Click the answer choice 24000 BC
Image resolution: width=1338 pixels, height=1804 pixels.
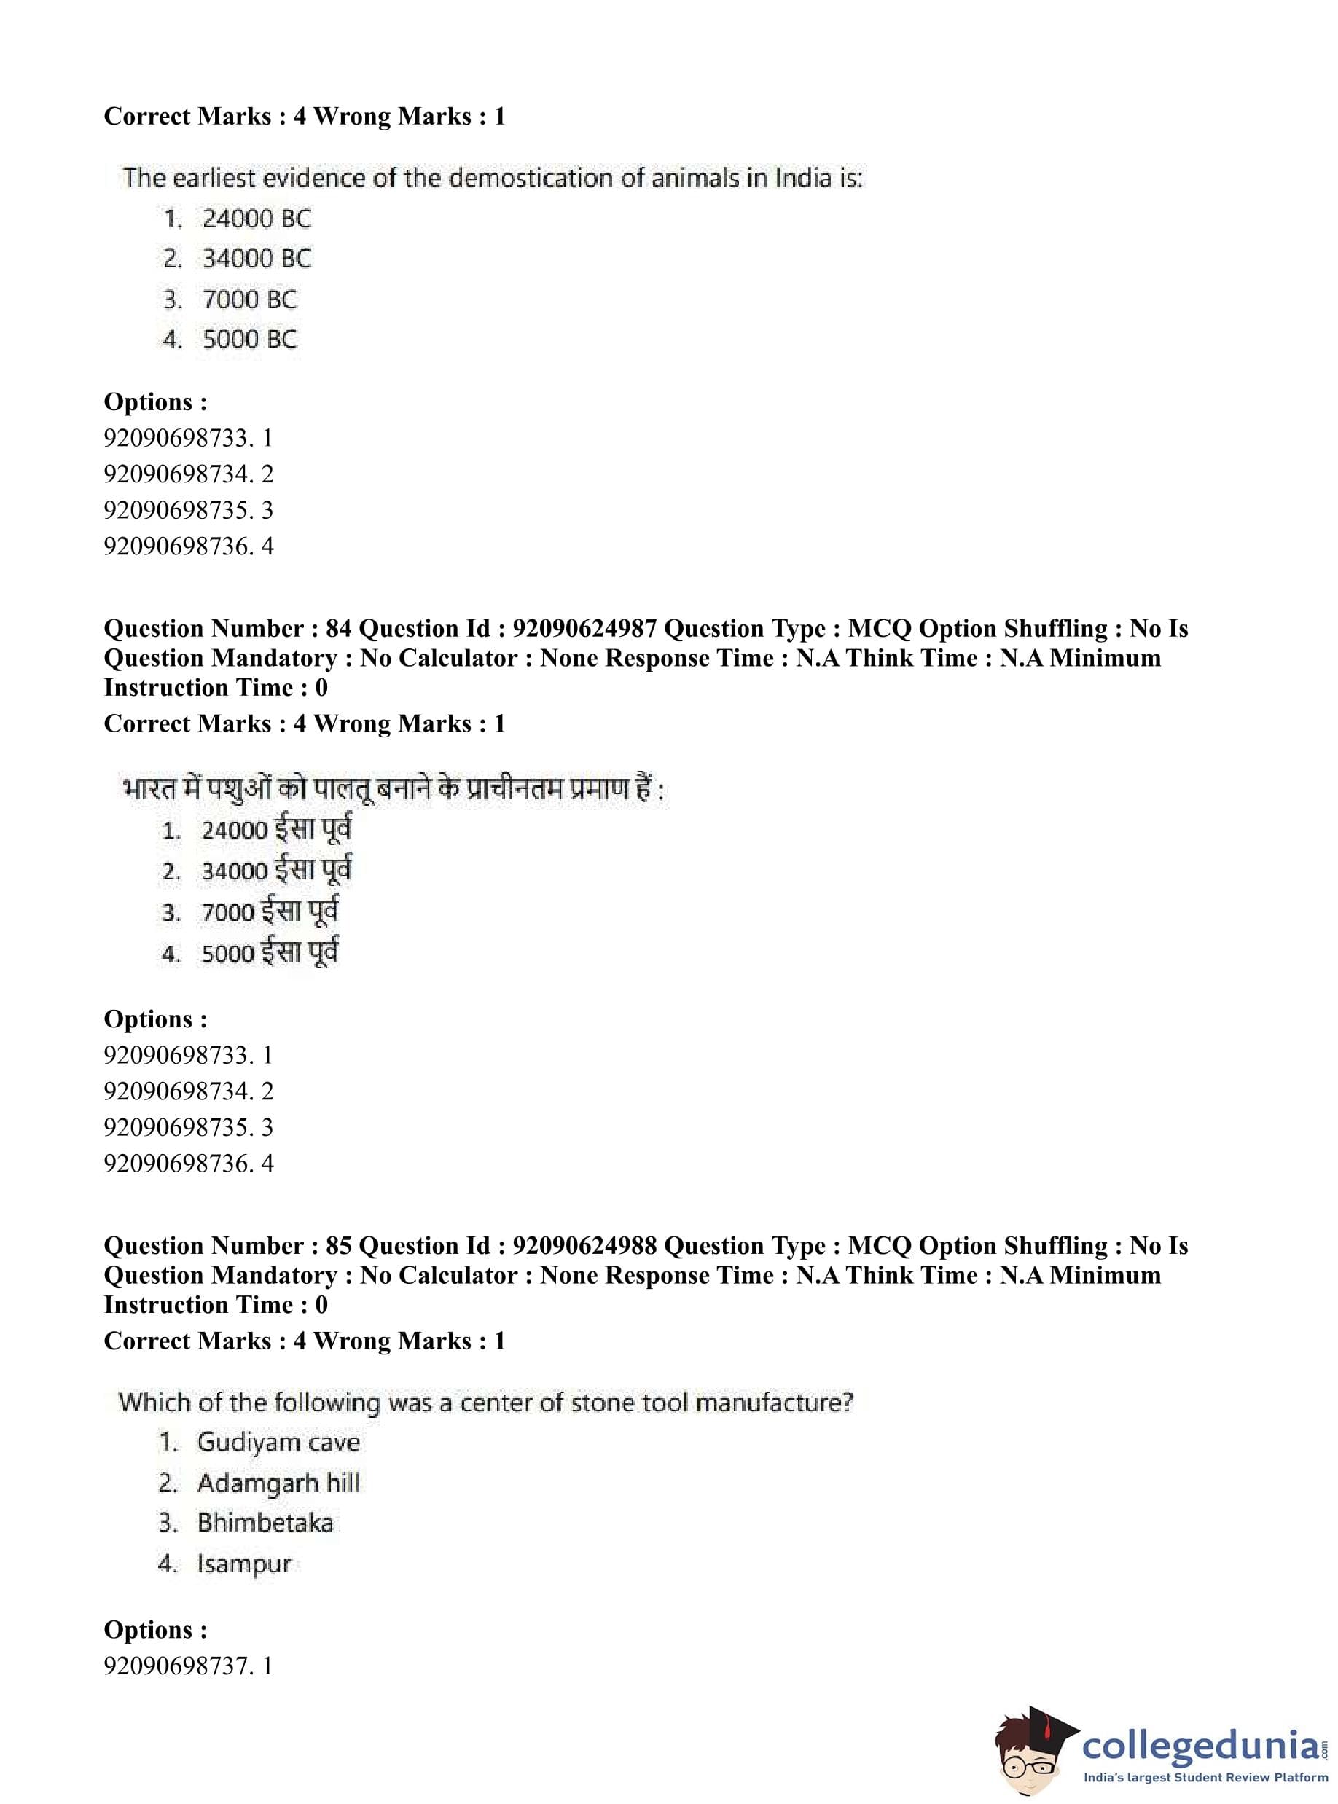(x=256, y=219)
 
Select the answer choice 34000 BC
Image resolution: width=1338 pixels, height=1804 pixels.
(x=256, y=259)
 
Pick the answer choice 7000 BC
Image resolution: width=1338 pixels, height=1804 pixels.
(x=249, y=299)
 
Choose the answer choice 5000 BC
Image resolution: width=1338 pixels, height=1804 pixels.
(x=249, y=340)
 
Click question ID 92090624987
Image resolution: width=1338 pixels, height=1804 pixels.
(x=584, y=629)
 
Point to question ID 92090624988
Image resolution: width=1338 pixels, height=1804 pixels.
(x=584, y=1246)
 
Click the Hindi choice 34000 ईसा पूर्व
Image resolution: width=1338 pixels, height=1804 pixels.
(x=275, y=871)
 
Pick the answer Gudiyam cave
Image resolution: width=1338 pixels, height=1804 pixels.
(x=278, y=1442)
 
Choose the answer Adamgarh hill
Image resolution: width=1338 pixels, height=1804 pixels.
(x=278, y=1483)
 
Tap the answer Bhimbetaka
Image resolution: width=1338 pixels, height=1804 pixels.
(x=265, y=1523)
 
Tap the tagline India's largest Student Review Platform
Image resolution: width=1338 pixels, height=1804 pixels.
(x=1205, y=1778)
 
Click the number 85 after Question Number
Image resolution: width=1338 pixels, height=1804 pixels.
(x=339, y=1246)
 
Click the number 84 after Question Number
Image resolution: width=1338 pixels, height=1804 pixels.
(x=339, y=629)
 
